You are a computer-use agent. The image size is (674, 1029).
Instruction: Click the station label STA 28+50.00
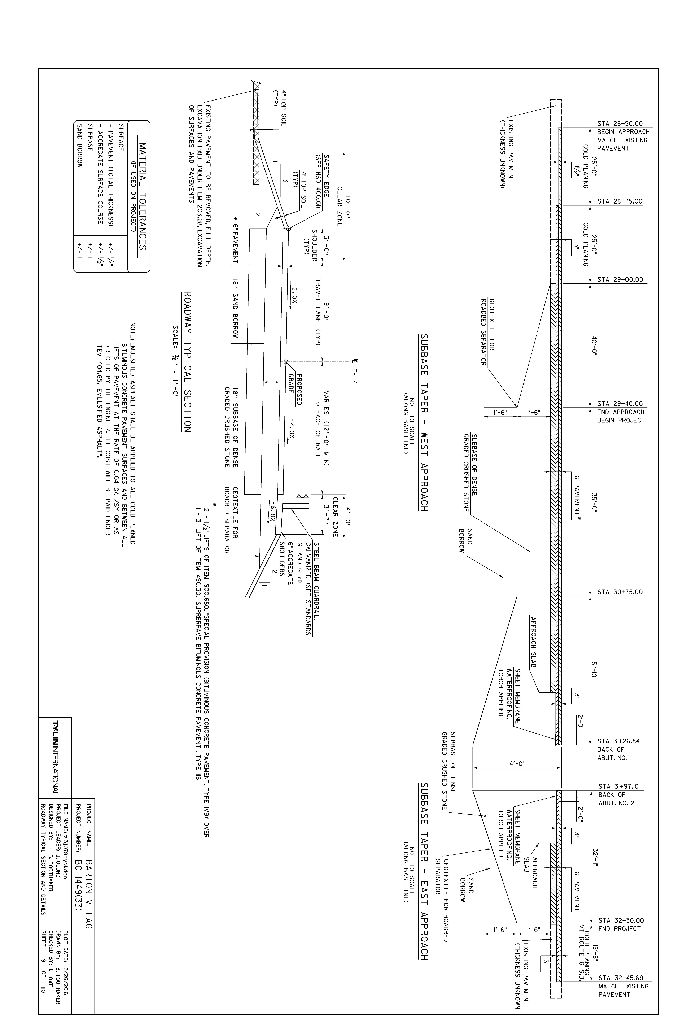click(620, 123)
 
